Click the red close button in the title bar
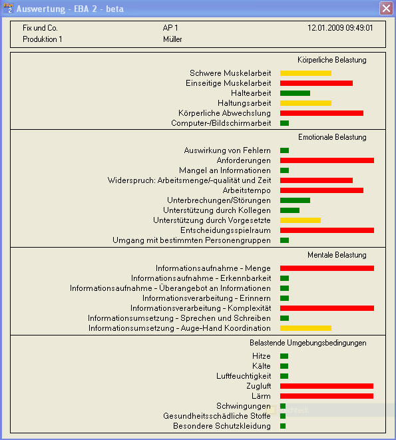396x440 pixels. (386, 8)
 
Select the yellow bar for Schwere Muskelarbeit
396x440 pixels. (305, 73)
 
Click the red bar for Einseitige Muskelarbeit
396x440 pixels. (316, 83)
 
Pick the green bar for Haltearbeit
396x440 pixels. (295, 93)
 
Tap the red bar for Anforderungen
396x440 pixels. (327, 160)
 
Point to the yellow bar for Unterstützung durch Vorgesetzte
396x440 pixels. (300, 220)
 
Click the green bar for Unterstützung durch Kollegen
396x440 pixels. (290, 210)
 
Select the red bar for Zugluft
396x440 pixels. (327, 386)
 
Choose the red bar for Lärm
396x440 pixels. (327, 396)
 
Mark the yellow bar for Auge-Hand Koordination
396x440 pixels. (305, 328)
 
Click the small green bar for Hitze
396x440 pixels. (284, 356)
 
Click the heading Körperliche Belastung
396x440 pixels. (331, 60)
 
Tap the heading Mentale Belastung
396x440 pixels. (337, 255)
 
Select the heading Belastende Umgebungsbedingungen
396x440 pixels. (308, 343)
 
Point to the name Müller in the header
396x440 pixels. (172, 39)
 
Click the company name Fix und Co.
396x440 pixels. (40, 28)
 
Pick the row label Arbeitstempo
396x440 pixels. (247, 190)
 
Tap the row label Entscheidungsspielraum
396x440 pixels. (226, 230)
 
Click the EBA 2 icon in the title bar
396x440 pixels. (9, 8)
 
